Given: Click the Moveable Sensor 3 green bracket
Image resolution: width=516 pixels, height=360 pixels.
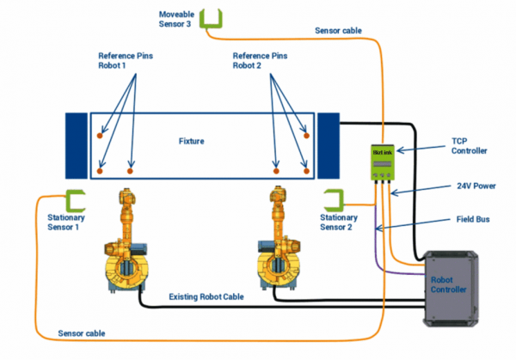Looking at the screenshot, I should [211, 19].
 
